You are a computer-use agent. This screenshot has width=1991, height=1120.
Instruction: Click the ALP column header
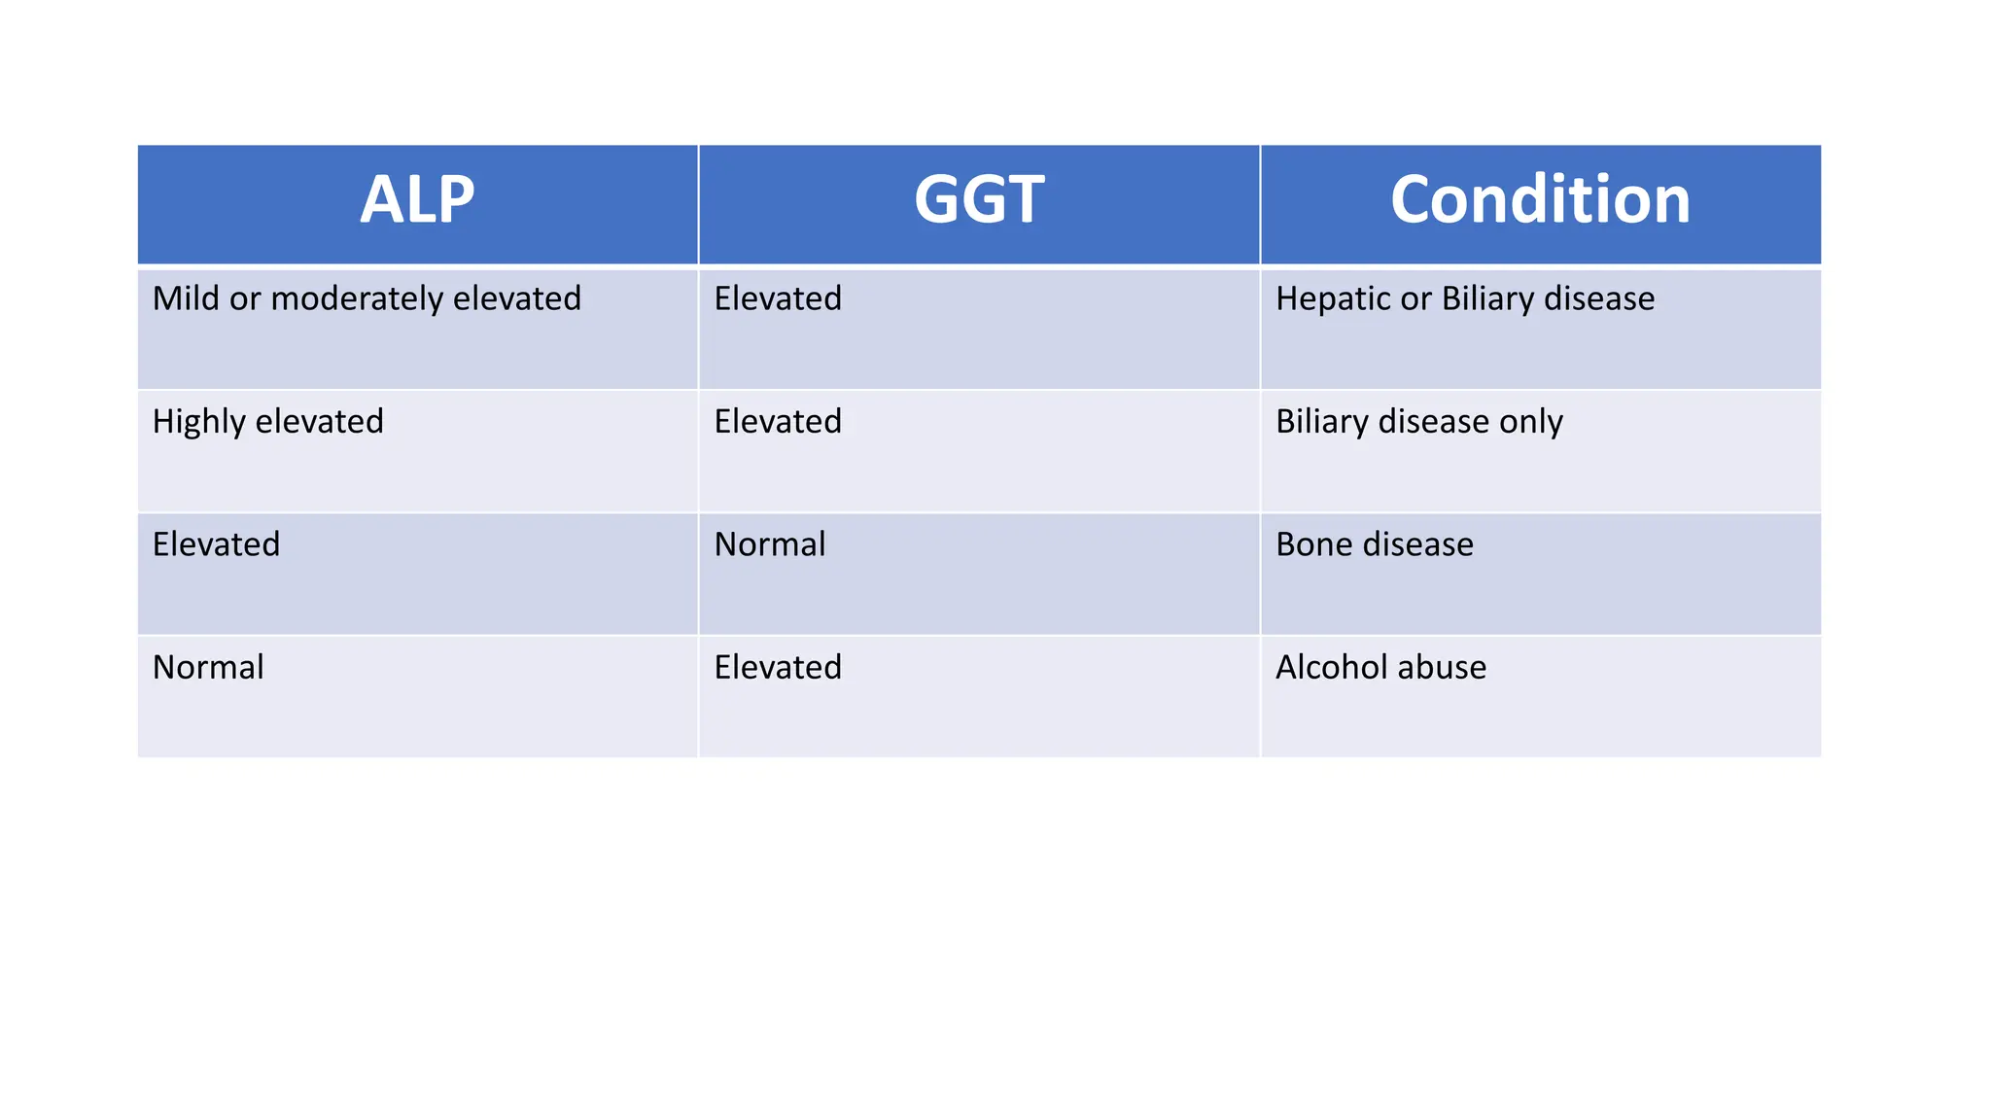tap(417, 200)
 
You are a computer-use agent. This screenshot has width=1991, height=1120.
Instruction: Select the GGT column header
tap(979, 200)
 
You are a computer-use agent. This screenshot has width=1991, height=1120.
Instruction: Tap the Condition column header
tap(1540, 200)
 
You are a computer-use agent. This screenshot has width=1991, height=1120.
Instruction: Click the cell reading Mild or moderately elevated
tap(367, 298)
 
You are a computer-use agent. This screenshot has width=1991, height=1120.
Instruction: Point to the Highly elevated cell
tap(268, 422)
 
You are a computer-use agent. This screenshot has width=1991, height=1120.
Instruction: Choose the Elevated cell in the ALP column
tap(216, 544)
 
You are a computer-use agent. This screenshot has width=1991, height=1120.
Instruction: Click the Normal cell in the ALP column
tap(208, 668)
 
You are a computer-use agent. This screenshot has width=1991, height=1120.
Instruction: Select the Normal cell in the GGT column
tap(770, 544)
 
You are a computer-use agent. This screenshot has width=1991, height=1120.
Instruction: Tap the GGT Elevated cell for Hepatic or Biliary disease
tap(778, 298)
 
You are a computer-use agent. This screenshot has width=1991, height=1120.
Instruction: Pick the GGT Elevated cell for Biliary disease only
tap(778, 422)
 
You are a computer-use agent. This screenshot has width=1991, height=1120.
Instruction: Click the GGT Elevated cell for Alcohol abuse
tap(778, 668)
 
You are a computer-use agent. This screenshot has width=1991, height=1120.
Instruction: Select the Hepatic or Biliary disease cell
tap(1465, 298)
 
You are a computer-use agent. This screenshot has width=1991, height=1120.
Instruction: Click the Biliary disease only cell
tap(1419, 422)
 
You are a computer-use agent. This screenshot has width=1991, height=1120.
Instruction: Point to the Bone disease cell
tap(1375, 544)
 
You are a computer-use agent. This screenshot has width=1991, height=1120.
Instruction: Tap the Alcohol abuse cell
tap(1381, 668)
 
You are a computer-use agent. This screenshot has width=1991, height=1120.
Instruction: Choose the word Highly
tap(199, 422)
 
